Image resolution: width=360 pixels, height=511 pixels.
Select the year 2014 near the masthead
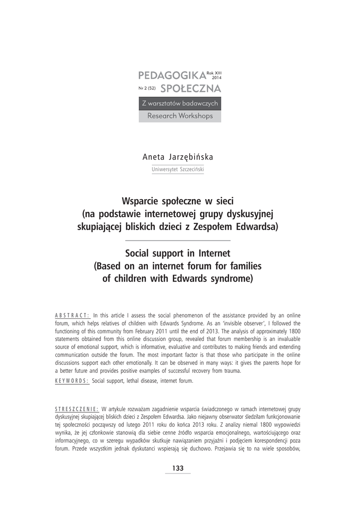click(217, 78)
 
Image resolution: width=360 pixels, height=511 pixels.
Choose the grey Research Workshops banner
click(180, 116)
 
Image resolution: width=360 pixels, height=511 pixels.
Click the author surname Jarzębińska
click(192, 157)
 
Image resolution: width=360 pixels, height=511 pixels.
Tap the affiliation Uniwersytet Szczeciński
click(177, 169)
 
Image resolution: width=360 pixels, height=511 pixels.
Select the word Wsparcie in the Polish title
click(144, 202)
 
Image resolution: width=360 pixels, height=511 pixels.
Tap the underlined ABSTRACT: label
click(72, 315)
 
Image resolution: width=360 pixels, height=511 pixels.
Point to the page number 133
click(178, 468)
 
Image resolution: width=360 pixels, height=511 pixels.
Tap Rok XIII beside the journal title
click(214, 73)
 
